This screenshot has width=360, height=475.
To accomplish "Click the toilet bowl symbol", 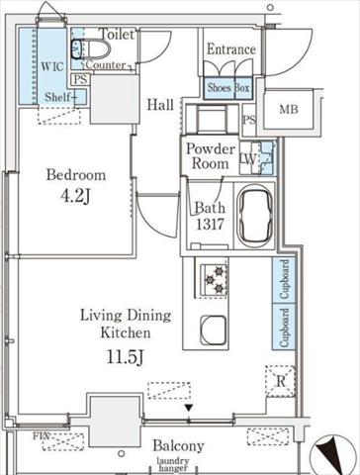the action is [91, 49].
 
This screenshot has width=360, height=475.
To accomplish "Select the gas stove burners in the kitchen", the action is [215, 280].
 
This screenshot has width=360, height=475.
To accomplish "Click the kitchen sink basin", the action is [214, 331].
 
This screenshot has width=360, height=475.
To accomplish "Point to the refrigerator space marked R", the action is [281, 381].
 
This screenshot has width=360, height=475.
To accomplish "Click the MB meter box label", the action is [289, 109].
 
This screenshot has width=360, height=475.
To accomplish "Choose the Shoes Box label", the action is [228, 88].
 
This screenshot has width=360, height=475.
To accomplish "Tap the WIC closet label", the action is [52, 66].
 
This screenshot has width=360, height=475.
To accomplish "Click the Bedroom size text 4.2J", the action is [75, 196].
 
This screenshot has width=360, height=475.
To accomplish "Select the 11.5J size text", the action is [126, 357].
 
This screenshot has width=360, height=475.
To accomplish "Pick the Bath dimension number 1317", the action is [210, 225].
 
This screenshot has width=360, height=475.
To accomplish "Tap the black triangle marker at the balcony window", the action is [189, 408].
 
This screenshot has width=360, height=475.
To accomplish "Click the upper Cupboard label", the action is [284, 279].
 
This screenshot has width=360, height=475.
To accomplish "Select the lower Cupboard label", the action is [284, 328].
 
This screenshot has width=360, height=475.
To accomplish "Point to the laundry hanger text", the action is [173, 464].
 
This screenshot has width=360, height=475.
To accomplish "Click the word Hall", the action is [160, 105].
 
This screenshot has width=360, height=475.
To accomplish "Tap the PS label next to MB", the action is [249, 120].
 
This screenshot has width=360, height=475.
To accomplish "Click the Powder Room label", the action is [211, 156].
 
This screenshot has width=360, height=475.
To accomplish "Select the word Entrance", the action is [231, 49].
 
